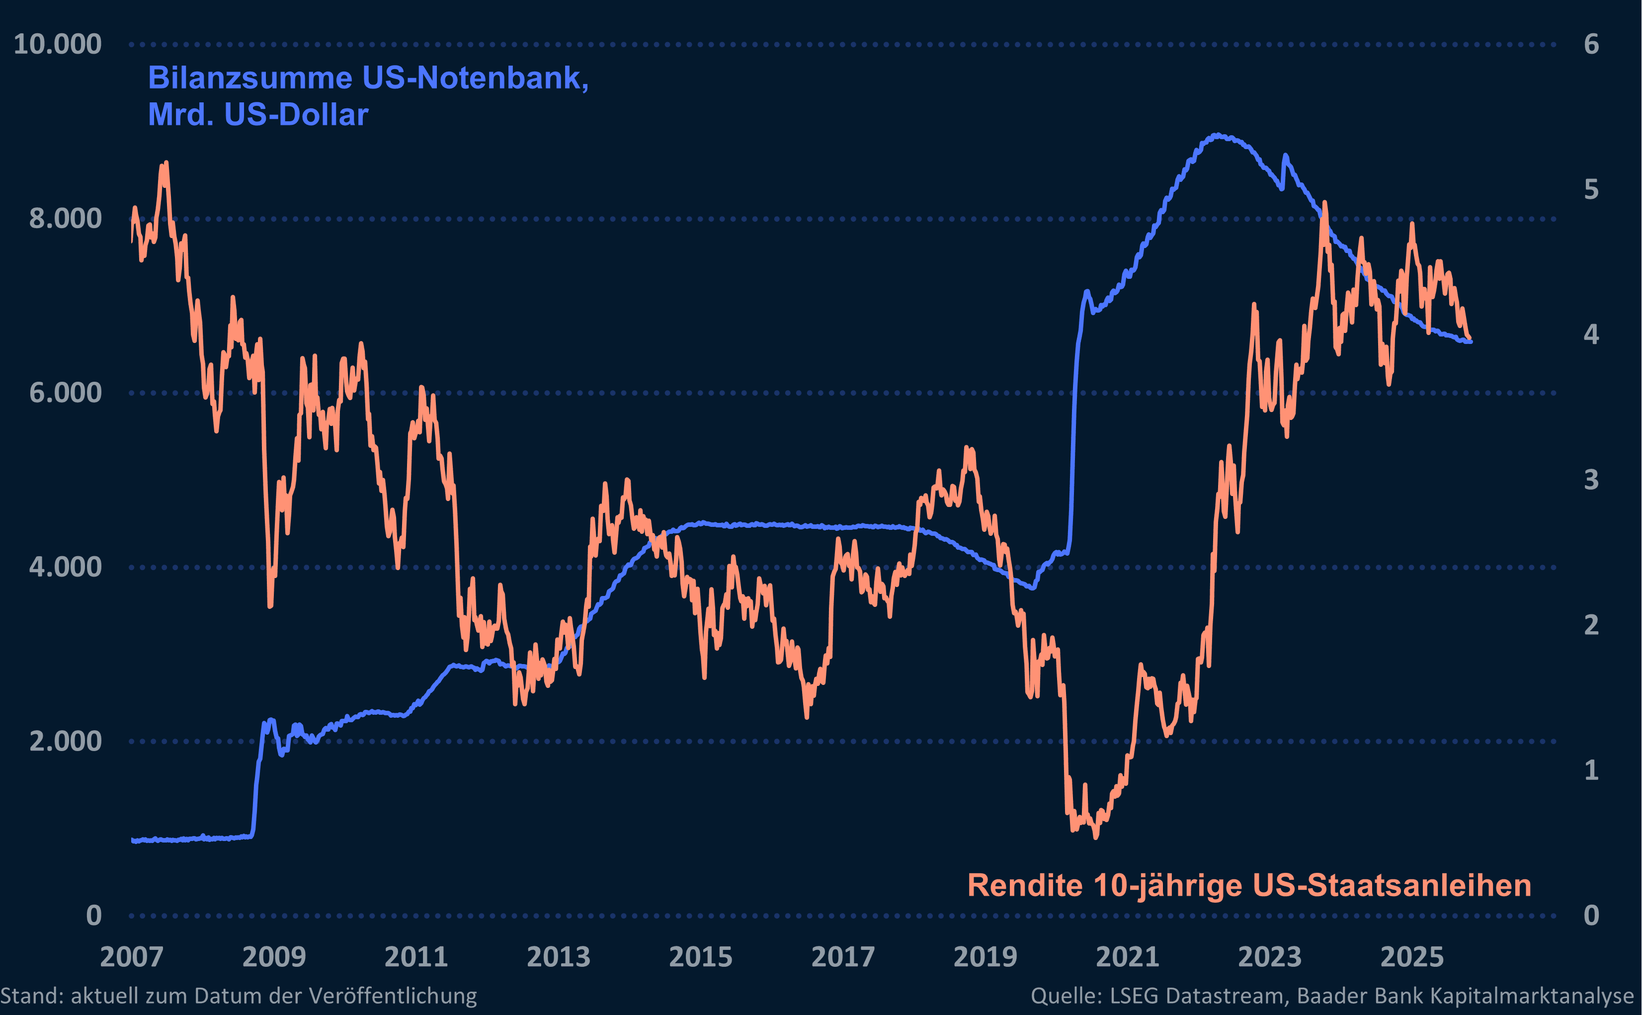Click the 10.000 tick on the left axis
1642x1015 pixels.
click(58, 44)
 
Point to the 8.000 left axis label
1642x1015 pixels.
click(65, 219)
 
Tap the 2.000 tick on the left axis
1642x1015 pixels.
click(65, 741)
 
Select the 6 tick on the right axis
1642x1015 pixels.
click(1591, 44)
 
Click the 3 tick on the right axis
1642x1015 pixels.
click(1591, 480)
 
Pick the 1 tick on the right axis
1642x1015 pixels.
click(1591, 770)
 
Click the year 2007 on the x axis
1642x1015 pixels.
click(132, 957)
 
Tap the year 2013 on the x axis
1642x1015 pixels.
click(558, 957)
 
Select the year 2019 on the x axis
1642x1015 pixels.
click(985, 957)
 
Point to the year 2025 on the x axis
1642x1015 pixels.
click(1412, 957)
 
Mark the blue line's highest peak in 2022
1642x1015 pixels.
click(1217, 135)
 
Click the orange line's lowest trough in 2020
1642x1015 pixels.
click(1096, 837)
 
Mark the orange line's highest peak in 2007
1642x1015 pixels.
click(166, 163)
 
